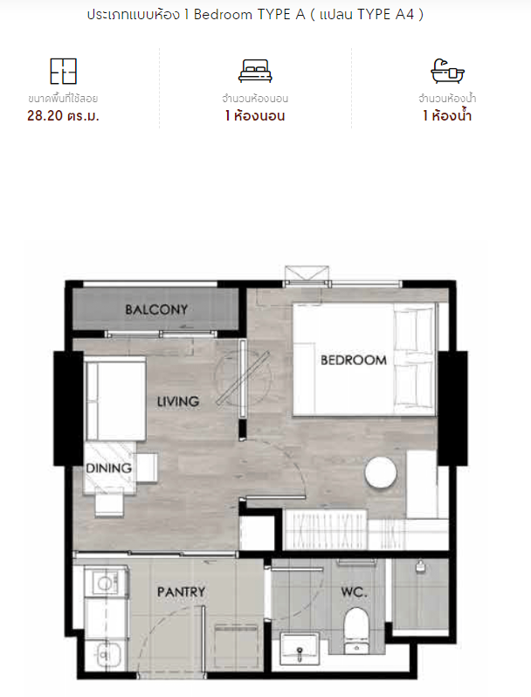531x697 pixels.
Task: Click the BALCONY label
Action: click(156, 309)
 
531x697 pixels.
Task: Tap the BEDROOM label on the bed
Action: click(354, 360)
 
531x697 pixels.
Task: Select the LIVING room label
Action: click(178, 402)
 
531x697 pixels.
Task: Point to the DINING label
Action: click(109, 467)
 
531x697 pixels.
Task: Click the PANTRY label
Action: click(182, 592)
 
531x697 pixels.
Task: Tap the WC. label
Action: click(355, 592)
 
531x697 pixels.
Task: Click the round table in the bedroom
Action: click(381, 473)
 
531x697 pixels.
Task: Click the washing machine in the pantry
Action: click(107, 583)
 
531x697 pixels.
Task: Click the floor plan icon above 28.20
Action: click(63, 71)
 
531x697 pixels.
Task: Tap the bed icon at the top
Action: click(255, 71)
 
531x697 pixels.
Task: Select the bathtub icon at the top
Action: click(447, 71)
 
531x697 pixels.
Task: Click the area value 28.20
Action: click(45, 115)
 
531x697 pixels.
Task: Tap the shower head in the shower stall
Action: click(420, 566)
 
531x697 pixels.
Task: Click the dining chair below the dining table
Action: click(109, 502)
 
